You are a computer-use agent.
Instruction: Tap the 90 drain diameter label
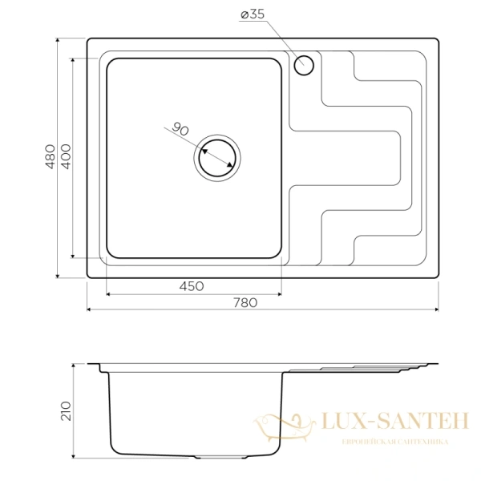tap(180, 130)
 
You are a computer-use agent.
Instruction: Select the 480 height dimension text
tap(50, 156)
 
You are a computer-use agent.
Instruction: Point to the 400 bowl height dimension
tap(66, 156)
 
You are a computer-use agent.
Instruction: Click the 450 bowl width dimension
tap(192, 286)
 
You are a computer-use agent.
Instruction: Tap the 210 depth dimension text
tap(66, 410)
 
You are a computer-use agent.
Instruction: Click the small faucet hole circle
tap(305, 65)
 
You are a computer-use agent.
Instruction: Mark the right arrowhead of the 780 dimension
tap(437, 309)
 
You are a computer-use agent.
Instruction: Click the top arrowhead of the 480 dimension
tap(58, 39)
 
